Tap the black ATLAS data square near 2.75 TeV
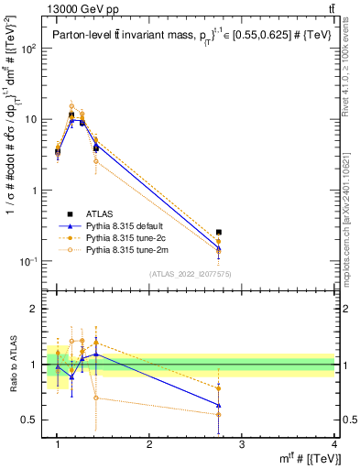coord(218,233)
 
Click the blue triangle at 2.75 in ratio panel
coord(218,405)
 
